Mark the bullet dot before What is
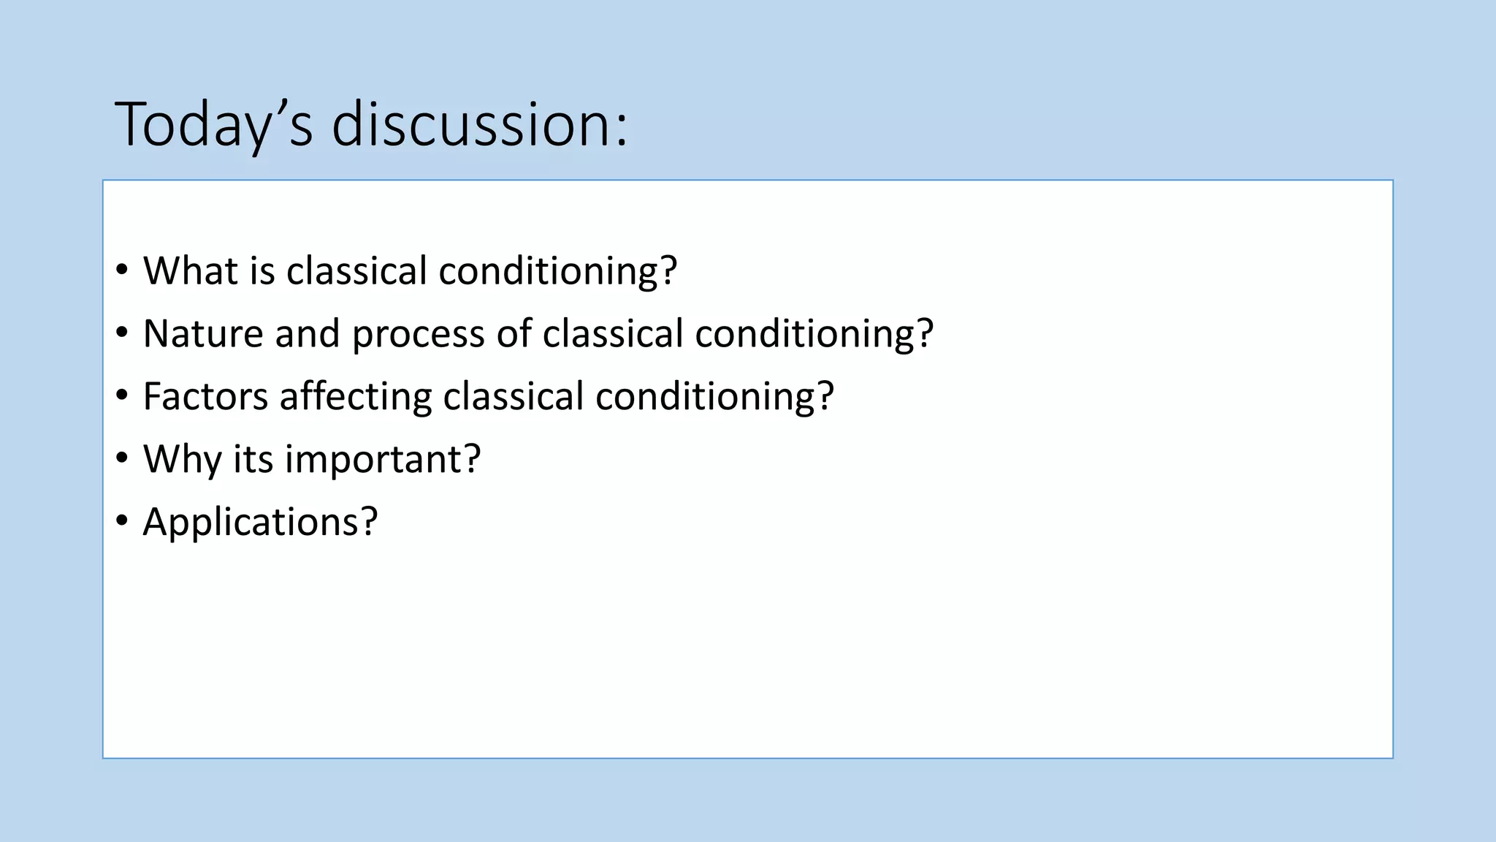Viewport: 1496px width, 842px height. pos(122,270)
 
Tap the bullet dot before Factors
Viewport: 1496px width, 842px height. pos(122,396)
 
